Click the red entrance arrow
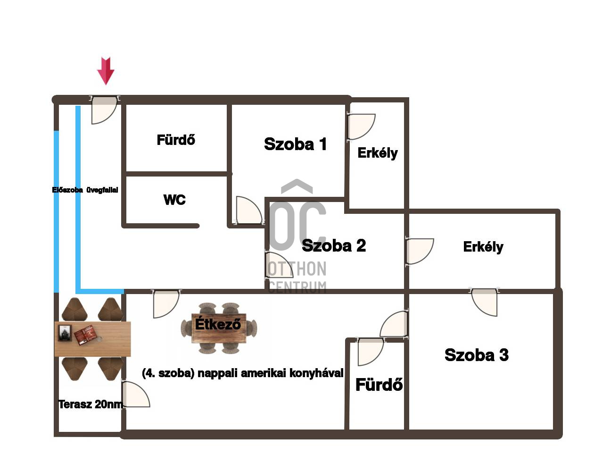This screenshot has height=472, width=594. coord(106,71)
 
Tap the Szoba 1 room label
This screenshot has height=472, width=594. coord(295,144)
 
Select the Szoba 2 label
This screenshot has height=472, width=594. coord(334,245)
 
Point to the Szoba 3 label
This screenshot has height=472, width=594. coord(477,355)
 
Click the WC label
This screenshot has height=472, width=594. coord(174,200)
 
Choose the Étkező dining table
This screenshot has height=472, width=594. coord(219,328)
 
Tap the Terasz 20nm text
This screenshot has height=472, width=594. coord(91,405)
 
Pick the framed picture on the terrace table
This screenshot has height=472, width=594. coord(66,333)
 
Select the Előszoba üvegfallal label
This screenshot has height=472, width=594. coord(85,190)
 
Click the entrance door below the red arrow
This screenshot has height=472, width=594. coord(104,110)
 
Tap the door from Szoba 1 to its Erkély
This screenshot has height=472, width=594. coord(361,126)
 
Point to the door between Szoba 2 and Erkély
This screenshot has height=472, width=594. coord(419,251)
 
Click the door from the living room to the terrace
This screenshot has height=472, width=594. coord(136,394)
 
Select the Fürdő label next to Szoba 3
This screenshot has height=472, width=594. coord(379,384)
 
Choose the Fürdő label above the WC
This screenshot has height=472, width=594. coord(176,139)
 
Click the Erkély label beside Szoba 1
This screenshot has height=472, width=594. coord(378,153)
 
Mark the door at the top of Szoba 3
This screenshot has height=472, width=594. coord(484,303)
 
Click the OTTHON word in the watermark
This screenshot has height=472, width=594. coord(297,269)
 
